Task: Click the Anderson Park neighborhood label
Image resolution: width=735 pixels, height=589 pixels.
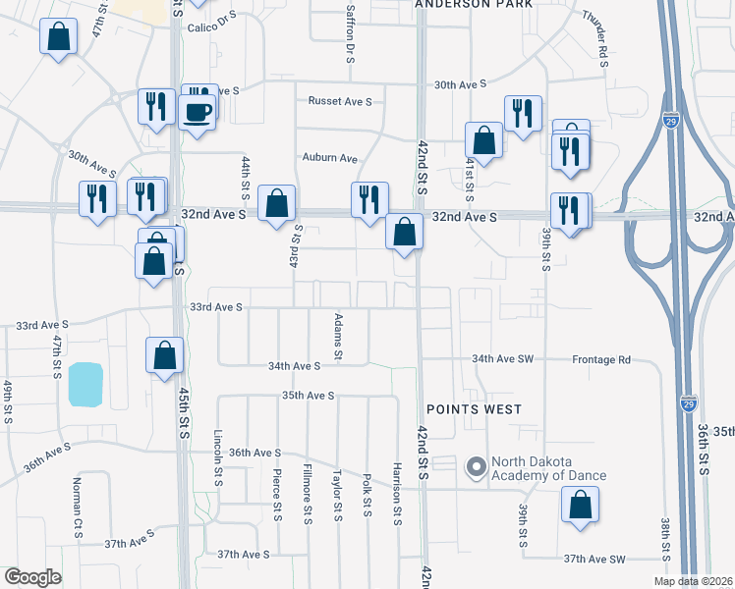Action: pyautogui.click(x=473, y=5)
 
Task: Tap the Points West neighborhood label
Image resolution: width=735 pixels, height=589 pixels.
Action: pyautogui.click(x=473, y=408)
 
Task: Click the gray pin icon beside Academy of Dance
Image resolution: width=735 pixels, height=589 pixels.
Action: pyautogui.click(x=477, y=466)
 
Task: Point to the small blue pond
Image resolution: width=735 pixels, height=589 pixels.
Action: pyautogui.click(x=85, y=384)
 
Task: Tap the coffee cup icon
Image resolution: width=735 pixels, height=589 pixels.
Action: pyautogui.click(x=198, y=111)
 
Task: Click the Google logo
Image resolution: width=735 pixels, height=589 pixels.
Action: pyautogui.click(x=32, y=577)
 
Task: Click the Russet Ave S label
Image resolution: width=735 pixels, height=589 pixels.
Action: pyautogui.click(x=341, y=101)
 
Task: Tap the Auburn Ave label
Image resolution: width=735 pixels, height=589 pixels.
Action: pyautogui.click(x=329, y=157)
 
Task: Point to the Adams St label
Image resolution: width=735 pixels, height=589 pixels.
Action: pyautogui.click(x=337, y=336)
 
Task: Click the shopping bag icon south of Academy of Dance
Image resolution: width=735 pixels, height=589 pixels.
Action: pyautogui.click(x=580, y=507)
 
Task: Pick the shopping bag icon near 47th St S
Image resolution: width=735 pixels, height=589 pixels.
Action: pyautogui.click(x=59, y=37)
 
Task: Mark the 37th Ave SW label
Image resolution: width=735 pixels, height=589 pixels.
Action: pyautogui.click(x=594, y=559)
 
